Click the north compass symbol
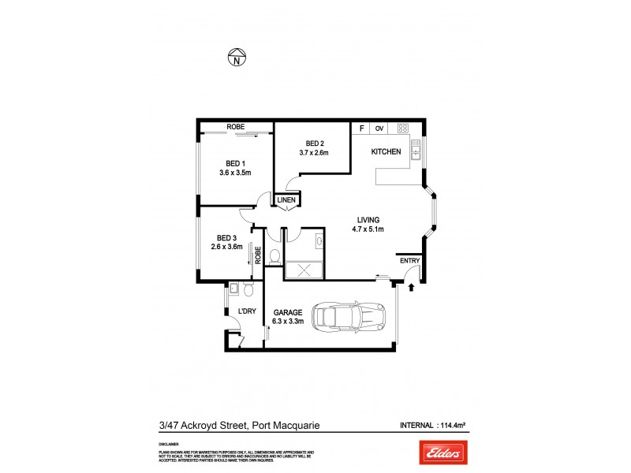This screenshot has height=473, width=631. (235, 57)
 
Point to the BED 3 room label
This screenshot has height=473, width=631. (227, 237)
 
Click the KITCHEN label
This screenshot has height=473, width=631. (387, 151)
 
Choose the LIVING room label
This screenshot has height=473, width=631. (368, 219)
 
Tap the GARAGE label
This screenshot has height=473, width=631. (287, 312)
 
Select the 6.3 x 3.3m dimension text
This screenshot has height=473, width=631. (287, 322)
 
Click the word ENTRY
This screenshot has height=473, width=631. (410, 261)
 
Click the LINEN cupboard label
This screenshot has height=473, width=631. (286, 200)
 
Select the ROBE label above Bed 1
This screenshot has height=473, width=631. (235, 126)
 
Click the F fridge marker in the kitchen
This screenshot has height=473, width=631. (362, 128)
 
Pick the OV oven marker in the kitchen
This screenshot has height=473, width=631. (379, 128)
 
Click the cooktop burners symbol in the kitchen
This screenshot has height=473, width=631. (402, 128)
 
